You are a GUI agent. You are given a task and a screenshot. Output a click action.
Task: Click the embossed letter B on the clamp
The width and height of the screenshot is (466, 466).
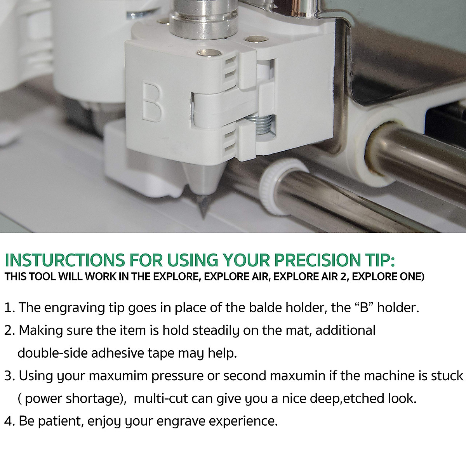(x=153, y=100)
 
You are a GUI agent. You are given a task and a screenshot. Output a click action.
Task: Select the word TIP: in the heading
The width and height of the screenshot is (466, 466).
(x=378, y=261)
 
